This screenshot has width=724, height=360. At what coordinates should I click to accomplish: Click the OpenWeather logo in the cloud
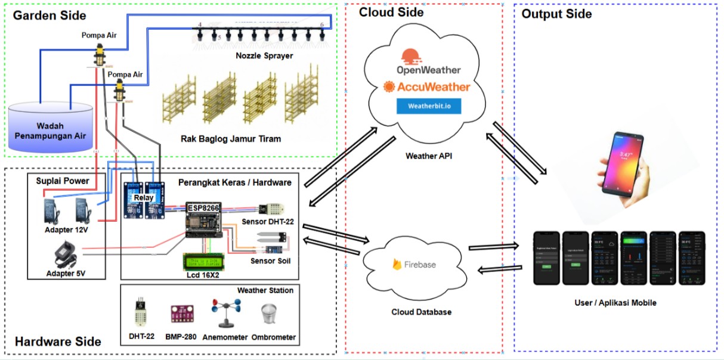pos(424,63)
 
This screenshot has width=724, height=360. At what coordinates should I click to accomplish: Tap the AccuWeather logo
pos(427,87)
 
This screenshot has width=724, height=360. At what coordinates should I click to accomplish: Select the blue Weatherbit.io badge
pos(428,106)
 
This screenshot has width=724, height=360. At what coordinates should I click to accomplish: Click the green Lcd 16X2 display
pos(204,262)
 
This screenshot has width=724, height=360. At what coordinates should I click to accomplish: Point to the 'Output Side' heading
pos(556,14)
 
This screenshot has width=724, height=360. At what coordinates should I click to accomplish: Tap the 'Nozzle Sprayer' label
pos(266,56)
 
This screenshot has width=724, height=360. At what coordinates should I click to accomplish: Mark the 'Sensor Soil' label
pos(271,260)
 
